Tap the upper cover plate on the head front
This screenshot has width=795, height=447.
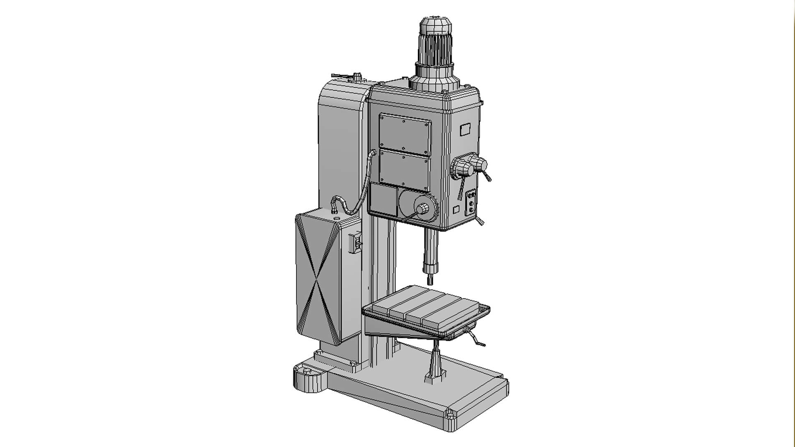tap(405, 134)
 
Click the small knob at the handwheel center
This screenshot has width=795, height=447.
tap(423, 209)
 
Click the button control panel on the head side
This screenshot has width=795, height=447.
tap(471, 203)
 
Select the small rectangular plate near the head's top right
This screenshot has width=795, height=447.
tap(465, 130)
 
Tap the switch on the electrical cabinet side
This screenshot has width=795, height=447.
tap(356, 243)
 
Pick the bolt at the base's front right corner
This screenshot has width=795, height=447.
tap(450, 413)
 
